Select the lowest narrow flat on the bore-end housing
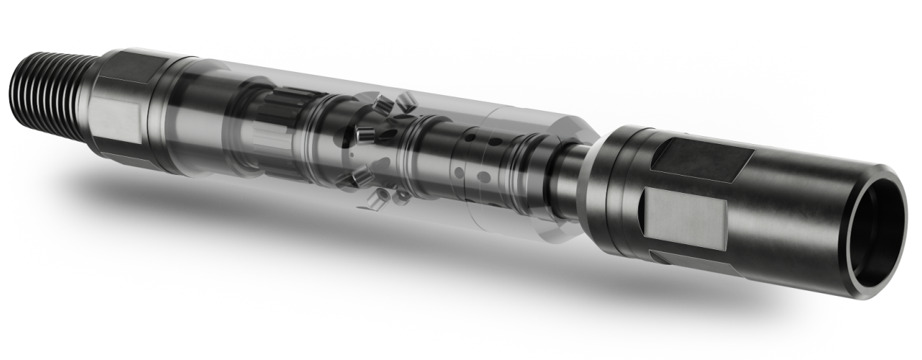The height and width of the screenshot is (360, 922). pos(684,259)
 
